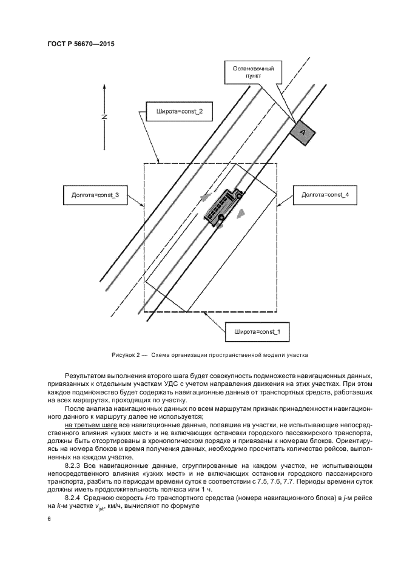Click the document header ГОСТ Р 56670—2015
80,44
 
